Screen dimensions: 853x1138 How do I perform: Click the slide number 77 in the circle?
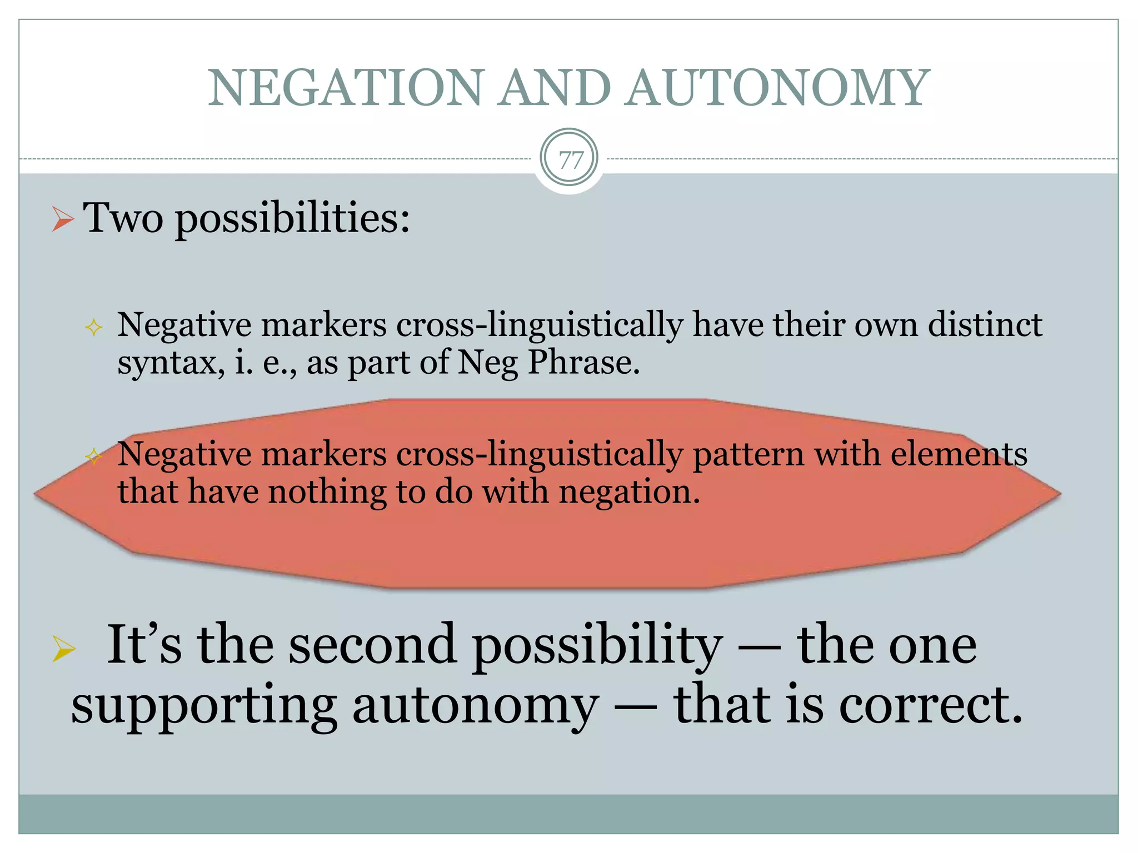point(570,160)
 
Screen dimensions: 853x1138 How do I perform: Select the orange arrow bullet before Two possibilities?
point(63,219)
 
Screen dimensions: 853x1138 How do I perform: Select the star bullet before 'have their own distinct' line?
point(94,327)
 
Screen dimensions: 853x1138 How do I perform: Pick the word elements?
point(959,454)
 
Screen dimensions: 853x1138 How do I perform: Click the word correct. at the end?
point(930,705)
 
